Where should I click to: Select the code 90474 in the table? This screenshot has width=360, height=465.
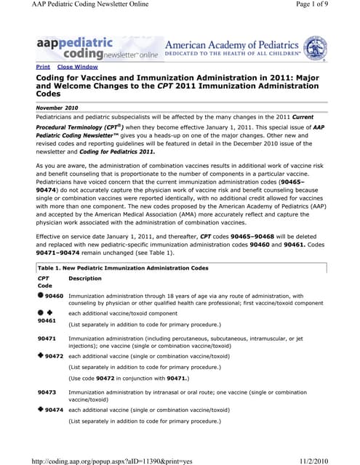tap(54, 410)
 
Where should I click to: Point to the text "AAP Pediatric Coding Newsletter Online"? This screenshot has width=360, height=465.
tap(86, 6)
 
